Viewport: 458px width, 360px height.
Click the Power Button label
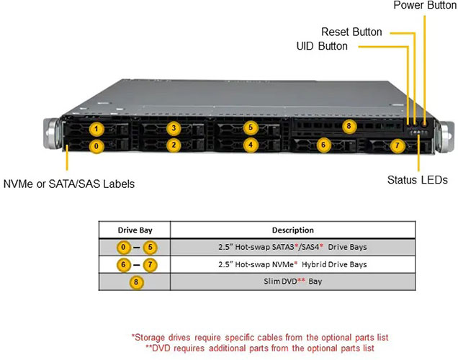(x=425, y=6)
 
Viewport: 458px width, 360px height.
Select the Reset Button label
(x=351, y=32)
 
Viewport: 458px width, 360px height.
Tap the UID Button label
(x=322, y=46)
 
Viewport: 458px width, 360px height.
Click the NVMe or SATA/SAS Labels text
(x=68, y=184)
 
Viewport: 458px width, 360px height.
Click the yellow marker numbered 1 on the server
(x=97, y=130)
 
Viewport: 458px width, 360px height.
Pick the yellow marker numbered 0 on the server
(x=97, y=145)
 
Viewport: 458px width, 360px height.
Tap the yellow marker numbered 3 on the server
(x=173, y=129)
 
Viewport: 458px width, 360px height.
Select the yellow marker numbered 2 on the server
(x=173, y=145)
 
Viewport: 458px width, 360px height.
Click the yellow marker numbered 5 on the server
(x=250, y=128)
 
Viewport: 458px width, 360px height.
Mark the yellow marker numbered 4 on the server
(x=250, y=145)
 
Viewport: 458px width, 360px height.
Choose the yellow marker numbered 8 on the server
(x=349, y=127)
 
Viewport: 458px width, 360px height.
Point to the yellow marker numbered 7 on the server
(x=396, y=145)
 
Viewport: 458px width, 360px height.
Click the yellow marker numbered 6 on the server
(x=323, y=145)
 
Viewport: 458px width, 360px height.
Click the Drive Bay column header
(x=135, y=230)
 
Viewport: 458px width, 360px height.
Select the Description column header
(x=292, y=230)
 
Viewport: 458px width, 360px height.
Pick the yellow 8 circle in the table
(x=135, y=282)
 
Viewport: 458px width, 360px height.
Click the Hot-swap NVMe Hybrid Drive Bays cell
(x=293, y=264)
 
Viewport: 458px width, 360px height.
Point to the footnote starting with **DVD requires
(x=260, y=347)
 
